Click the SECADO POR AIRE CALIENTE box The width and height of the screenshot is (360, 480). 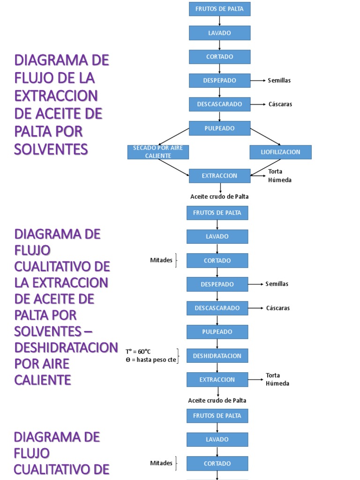coord(158,152)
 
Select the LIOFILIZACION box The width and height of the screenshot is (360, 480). coord(280,152)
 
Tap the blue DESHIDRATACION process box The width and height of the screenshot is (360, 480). coord(217,356)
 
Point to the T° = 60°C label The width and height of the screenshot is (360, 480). coord(138,352)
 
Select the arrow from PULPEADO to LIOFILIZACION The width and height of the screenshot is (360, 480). coord(265,136)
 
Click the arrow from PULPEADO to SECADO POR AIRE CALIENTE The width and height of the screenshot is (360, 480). coord(174,136)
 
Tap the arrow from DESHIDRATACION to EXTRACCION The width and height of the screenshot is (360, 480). coord(217,367)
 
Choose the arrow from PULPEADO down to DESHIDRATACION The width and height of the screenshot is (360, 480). coord(217,344)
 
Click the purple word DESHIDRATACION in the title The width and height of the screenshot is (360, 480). coord(66,348)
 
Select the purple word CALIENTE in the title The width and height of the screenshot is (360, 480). coord(43,380)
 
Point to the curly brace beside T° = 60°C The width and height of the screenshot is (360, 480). coord(178,356)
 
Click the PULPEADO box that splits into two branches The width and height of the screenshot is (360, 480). coord(219,128)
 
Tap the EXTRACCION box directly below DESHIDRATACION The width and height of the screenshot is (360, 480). coord(217,380)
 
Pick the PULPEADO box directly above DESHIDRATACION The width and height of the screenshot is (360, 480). coord(217,332)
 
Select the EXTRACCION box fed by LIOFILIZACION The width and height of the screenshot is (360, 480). coord(219,176)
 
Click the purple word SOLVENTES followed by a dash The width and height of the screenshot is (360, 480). coord(48,331)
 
